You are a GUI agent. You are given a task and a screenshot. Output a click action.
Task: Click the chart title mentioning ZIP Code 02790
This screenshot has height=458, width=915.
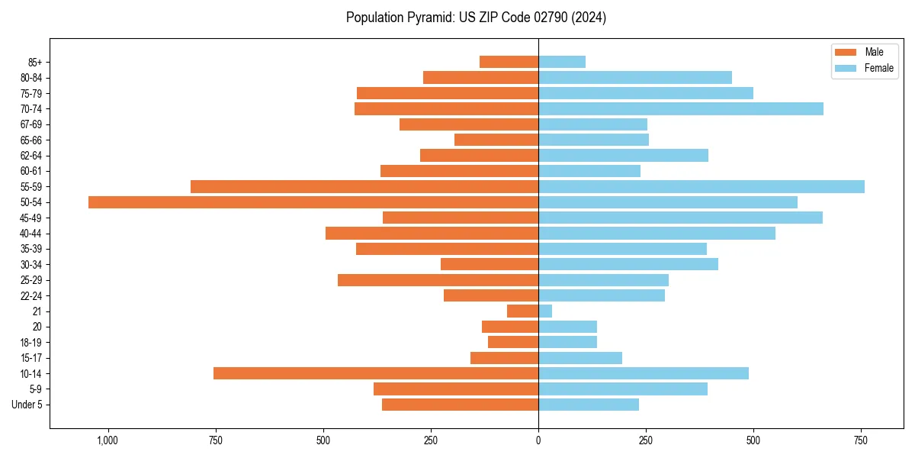coord(476,18)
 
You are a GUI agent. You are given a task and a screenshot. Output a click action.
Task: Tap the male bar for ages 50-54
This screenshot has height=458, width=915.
coord(313,202)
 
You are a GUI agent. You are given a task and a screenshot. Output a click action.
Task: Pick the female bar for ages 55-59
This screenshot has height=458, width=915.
coord(701,186)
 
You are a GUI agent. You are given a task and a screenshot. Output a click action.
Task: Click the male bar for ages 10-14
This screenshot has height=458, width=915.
coord(376,373)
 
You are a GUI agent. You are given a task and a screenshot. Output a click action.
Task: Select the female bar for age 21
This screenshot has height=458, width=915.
coord(545,311)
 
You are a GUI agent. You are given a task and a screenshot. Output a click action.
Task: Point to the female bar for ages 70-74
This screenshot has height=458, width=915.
coord(681,108)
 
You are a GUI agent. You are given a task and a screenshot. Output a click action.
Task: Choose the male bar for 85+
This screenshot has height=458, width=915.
coord(509,62)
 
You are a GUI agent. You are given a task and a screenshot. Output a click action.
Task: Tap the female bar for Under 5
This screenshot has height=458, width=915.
coord(589,405)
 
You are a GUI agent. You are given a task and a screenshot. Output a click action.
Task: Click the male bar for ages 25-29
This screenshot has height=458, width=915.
coord(438,280)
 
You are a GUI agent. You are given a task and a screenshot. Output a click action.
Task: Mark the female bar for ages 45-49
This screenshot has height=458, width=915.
coord(680,218)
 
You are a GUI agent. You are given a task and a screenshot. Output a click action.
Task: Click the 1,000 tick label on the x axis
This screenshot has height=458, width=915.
coord(108,440)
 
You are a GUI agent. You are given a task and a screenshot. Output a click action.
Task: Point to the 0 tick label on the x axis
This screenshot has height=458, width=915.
coord(538,440)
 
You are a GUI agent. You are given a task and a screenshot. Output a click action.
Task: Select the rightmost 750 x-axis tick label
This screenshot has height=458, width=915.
coord(861,440)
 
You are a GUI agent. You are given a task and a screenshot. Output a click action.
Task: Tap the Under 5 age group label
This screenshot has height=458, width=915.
coord(27,405)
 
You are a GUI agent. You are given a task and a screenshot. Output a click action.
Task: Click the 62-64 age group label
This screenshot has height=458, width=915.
coord(30,156)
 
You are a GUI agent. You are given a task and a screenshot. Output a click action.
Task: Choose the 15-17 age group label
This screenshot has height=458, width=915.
coord(30,358)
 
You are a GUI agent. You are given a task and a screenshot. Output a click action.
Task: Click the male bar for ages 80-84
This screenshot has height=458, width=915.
coord(480,77)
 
